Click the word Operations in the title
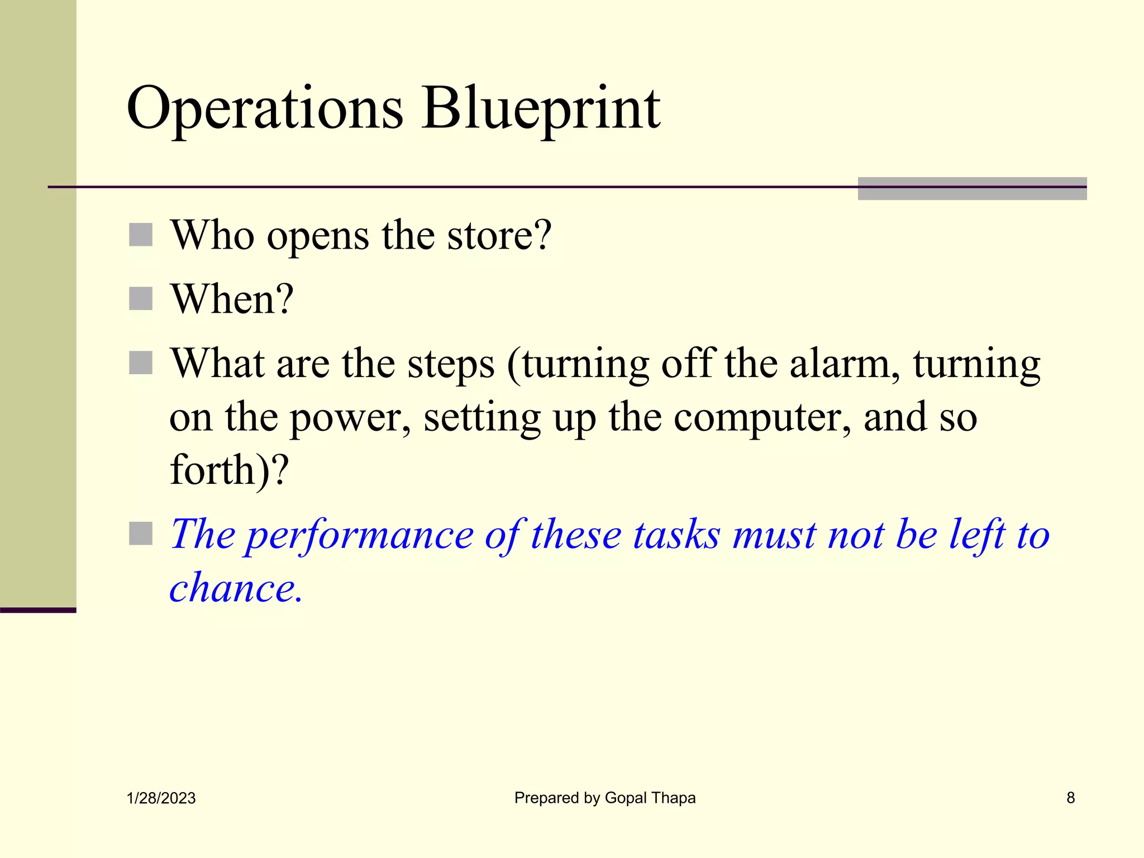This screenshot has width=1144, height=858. pos(265,109)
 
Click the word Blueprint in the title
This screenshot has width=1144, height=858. pos(541,109)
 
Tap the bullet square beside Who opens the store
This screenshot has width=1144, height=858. pos(141,235)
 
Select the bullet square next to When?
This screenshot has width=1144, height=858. pos(141,299)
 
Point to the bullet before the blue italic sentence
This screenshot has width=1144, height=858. pos(141,533)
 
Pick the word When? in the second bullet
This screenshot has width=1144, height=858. pos(232,299)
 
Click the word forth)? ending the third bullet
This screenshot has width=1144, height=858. pos(229,470)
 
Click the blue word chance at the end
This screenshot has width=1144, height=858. pos(235,589)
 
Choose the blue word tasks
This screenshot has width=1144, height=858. pos(676,535)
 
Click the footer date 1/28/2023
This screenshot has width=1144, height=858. pos(161,798)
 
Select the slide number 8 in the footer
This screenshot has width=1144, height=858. pos(1070,798)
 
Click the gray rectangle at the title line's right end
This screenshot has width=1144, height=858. pos(972,189)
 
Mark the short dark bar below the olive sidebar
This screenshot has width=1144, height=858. pos(38,610)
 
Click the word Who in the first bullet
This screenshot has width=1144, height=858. pos(212,236)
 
